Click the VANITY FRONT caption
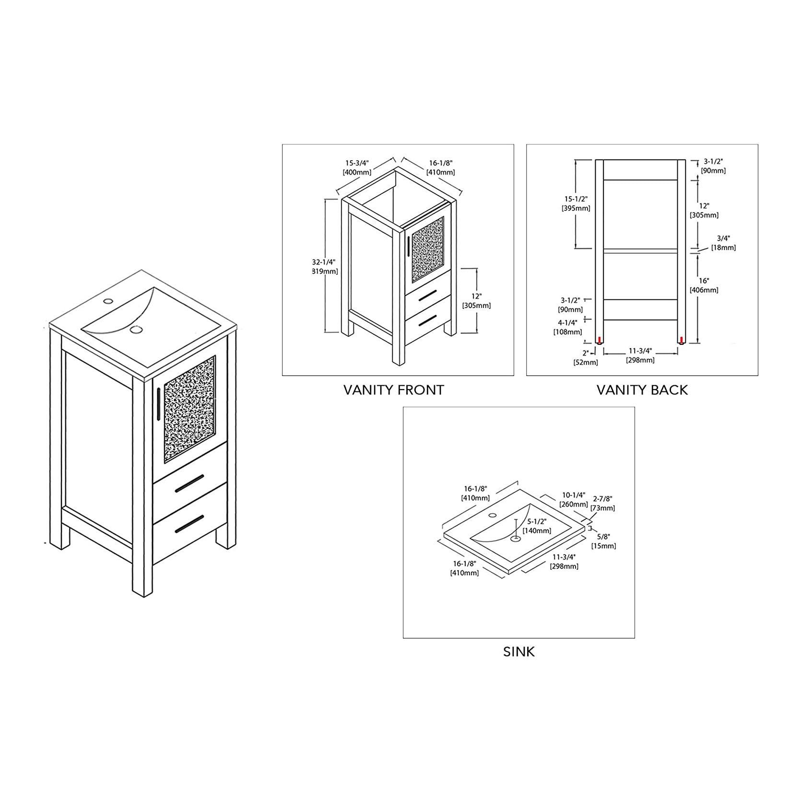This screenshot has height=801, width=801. click(x=393, y=390)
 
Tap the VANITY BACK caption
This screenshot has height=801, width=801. click(x=642, y=390)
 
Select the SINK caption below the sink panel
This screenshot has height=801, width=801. click(x=518, y=652)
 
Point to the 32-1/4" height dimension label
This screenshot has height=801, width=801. click(x=325, y=266)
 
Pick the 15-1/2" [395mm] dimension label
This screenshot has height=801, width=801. click(x=576, y=203)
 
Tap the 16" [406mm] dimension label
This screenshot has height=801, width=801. click(x=704, y=285)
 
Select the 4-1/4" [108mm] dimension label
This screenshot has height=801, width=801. click(x=567, y=327)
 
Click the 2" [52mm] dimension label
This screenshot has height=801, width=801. click(x=586, y=357)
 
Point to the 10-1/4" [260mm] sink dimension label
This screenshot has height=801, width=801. click(x=573, y=499)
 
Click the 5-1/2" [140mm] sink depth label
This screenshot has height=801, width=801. click(x=537, y=526)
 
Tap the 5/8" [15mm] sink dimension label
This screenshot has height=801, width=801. click(x=603, y=541)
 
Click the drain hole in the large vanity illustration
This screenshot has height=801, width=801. click(x=137, y=330)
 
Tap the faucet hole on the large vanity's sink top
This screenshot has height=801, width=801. click(x=108, y=302)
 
